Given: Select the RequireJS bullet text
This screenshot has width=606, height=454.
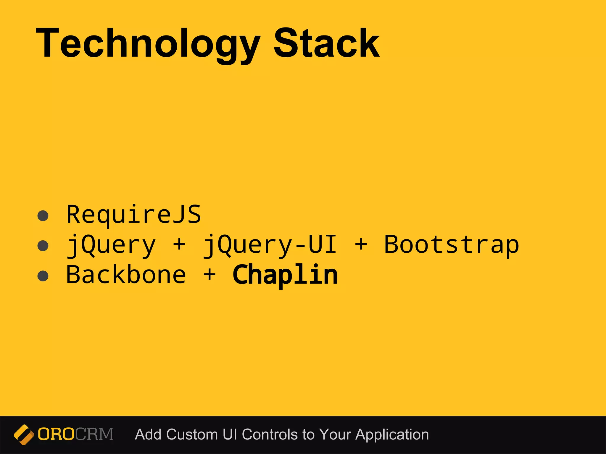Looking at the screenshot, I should click(x=134, y=215).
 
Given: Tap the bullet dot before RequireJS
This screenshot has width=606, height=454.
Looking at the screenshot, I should click(x=43, y=216).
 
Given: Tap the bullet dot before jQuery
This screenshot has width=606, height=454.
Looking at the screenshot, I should click(x=43, y=246).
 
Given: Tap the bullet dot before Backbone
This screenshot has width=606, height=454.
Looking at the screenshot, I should click(x=43, y=276).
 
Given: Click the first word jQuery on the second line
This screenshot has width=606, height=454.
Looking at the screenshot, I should click(x=111, y=245).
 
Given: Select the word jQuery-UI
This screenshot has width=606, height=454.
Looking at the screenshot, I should click(x=270, y=245).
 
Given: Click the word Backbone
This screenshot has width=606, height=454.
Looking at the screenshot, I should click(x=126, y=275).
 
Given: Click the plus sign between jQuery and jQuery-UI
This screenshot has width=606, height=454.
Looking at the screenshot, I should click(x=179, y=245).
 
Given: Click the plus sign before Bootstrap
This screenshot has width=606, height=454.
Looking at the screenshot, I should click(x=361, y=245).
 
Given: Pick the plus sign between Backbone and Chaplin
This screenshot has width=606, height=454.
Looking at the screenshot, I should click(x=209, y=275).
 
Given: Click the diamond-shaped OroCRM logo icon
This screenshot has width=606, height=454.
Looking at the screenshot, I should click(x=24, y=434).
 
